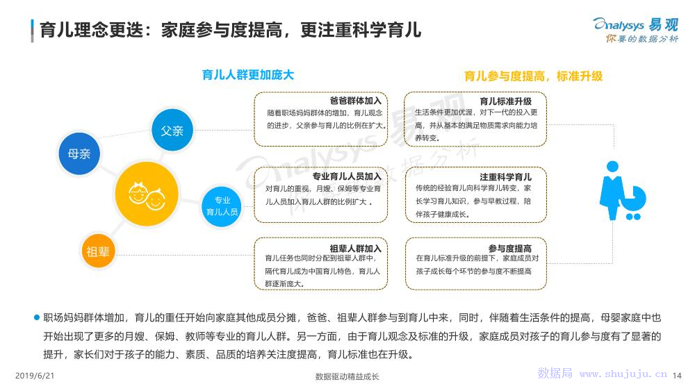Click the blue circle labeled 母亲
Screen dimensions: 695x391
click(x=79, y=153)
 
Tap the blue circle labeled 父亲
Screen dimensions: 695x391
click(x=172, y=130)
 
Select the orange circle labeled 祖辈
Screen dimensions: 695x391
click(x=98, y=251)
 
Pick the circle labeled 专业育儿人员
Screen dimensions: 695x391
click(x=222, y=206)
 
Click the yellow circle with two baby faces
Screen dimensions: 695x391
click(x=146, y=194)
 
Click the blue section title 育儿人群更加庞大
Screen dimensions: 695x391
click(x=248, y=75)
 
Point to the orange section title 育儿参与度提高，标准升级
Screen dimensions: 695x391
click(x=533, y=76)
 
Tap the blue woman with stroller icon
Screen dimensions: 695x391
click(x=622, y=191)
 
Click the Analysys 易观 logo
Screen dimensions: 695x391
click(x=636, y=30)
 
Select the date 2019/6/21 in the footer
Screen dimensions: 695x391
click(x=35, y=376)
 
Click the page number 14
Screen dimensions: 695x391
click(x=677, y=376)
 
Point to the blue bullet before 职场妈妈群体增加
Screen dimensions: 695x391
click(x=37, y=317)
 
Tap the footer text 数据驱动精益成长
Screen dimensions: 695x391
click(x=347, y=377)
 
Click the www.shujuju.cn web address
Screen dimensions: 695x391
click(x=623, y=374)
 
